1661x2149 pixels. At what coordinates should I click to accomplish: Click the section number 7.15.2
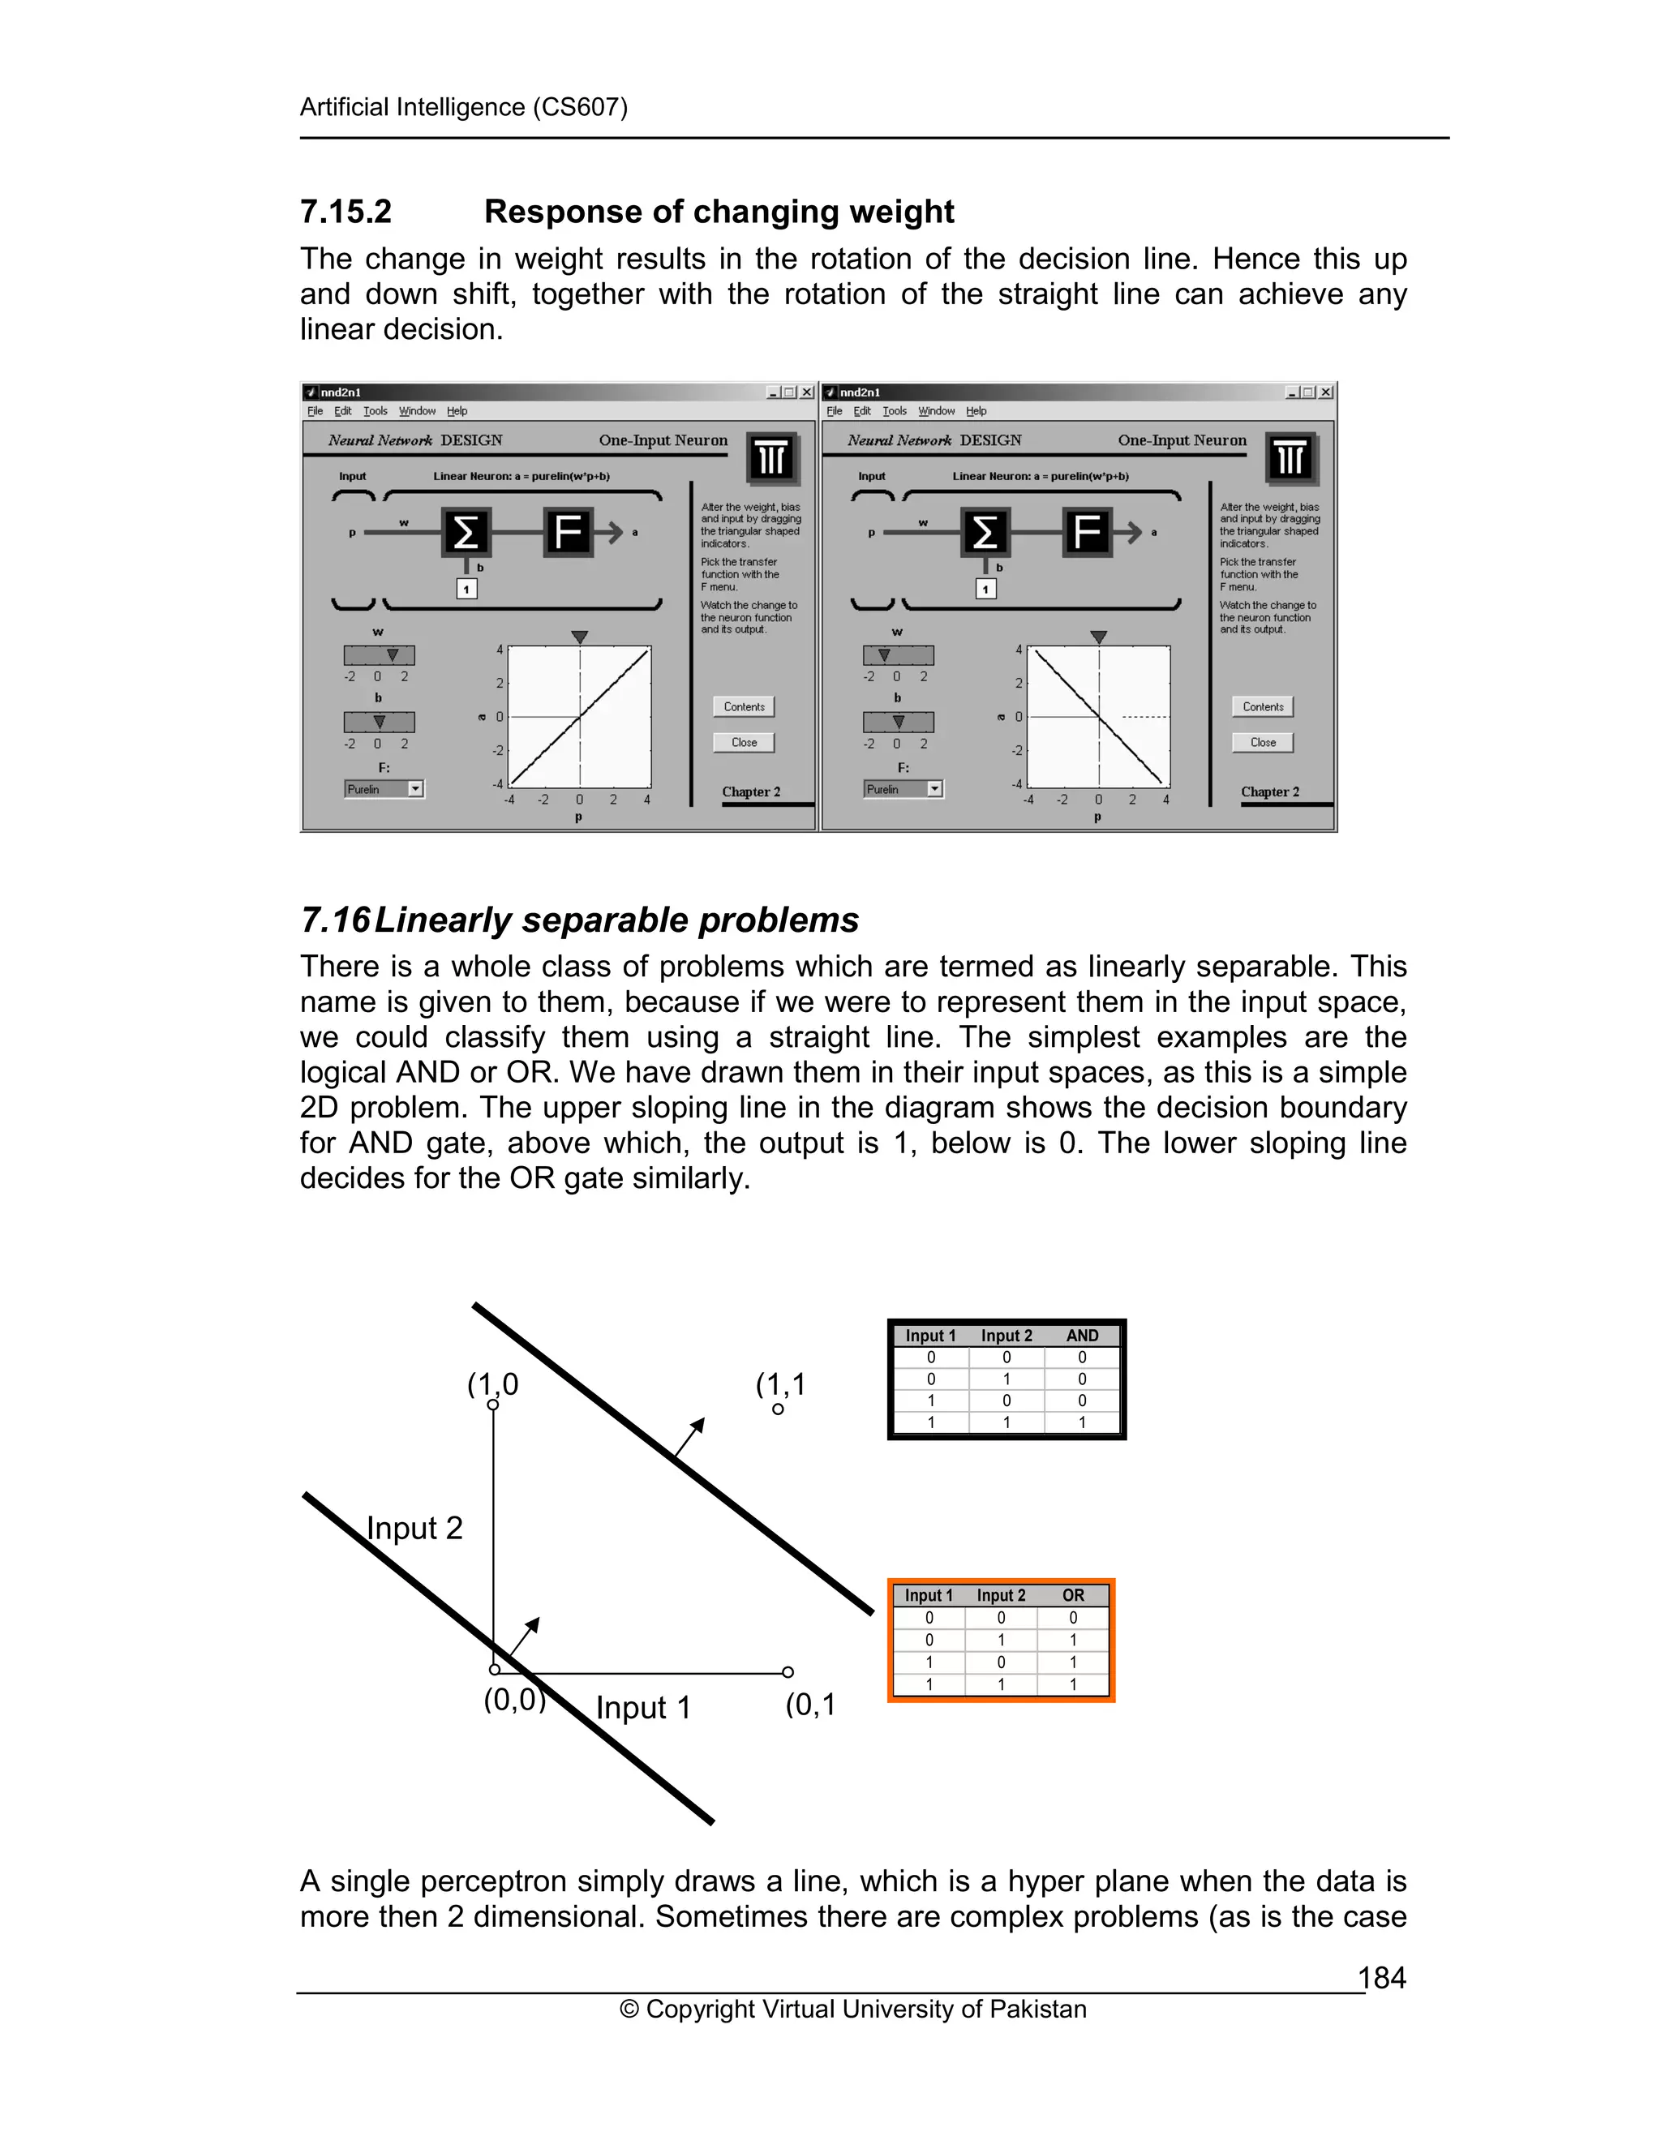tap(346, 212)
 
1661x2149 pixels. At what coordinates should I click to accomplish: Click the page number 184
tap(1381, 1977)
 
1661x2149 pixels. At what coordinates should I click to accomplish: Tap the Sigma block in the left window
tap(466, 532)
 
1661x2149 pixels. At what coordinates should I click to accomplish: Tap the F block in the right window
tap(1086, 532)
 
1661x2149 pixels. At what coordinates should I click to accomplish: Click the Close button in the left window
tap(744, 743)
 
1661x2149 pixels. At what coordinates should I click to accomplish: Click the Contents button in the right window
tap(1263, 706)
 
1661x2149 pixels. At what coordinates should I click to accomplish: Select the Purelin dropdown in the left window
tap(384, 789)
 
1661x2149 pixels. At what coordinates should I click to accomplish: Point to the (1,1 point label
tap(780, 1384)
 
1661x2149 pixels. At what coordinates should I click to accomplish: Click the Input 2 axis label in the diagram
tap(414, 1528)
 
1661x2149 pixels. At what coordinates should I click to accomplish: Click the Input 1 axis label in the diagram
tap(642, 1707)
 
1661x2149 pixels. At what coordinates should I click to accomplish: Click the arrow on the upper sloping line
tap(691, 1435)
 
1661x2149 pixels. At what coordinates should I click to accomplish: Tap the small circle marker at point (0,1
tap(788, 1672)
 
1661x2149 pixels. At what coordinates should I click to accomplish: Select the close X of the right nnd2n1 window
tap(1325, 392)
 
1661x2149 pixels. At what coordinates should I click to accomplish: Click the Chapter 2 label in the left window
tap(751, 791)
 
